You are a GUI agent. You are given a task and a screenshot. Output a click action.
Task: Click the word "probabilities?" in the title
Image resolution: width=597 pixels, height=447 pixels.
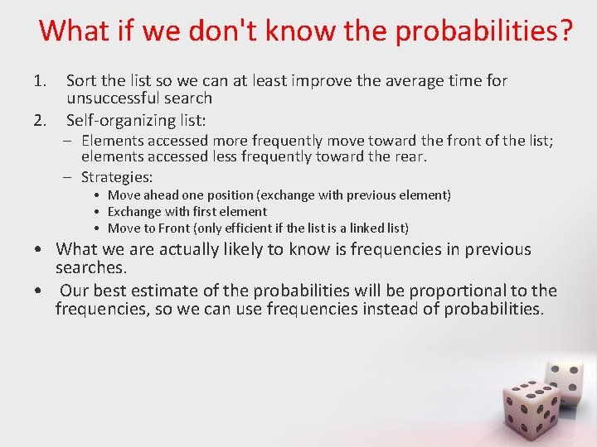tap(484, 31)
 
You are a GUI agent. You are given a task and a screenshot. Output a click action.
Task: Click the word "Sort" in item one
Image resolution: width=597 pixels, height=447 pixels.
tap(82, 81)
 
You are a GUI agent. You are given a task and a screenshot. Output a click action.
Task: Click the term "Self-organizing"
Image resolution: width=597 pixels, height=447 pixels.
tap(120, 121)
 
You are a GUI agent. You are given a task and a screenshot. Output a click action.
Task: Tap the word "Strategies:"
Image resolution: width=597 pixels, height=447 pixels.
tap(117, 177)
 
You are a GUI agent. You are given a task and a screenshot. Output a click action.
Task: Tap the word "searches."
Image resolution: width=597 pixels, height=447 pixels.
tap(90, 267)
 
